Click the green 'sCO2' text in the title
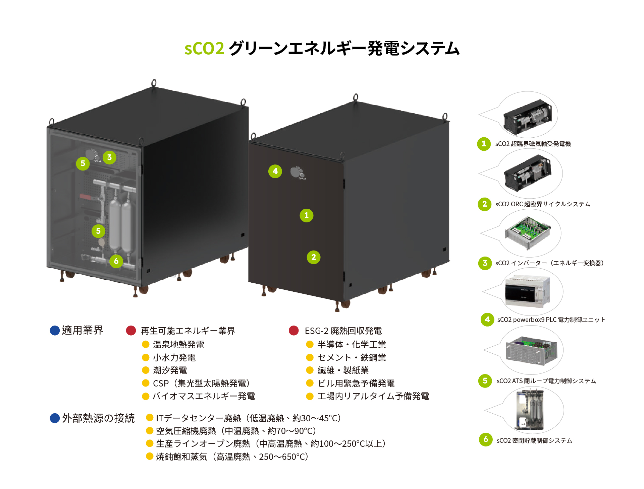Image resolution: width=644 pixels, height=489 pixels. click(204, 48)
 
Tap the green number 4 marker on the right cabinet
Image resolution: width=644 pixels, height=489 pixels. click(275, 171)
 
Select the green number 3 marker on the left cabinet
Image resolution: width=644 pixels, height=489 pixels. click(109, 157)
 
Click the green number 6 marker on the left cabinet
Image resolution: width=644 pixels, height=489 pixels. click(116, 261)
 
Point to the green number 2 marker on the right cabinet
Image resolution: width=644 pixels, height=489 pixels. click(314, 257)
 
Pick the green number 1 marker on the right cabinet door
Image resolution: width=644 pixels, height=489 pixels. click(306, 215)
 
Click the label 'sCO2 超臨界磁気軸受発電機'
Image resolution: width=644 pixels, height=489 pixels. click(533, 144)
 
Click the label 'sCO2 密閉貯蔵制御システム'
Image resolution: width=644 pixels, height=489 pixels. click(534, 441)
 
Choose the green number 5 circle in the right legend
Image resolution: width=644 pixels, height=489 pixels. click(485, 381)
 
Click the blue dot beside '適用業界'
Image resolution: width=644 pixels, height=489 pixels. click(55, 330)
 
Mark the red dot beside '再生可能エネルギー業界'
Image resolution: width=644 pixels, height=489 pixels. click(131, 331)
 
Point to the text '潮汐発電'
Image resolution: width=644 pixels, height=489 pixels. click(170, 370)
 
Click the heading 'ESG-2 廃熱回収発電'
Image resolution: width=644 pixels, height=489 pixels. click(343, 331)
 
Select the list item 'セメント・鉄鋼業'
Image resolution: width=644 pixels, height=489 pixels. click(352, 358)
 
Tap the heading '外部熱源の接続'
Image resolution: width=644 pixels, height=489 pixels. click(98, 418)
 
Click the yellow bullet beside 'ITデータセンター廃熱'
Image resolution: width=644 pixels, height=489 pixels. click(150, 418)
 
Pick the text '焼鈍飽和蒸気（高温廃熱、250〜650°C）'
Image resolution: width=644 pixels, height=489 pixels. click(232, 457)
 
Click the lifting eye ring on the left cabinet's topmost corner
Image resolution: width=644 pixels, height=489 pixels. click(154, 82)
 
